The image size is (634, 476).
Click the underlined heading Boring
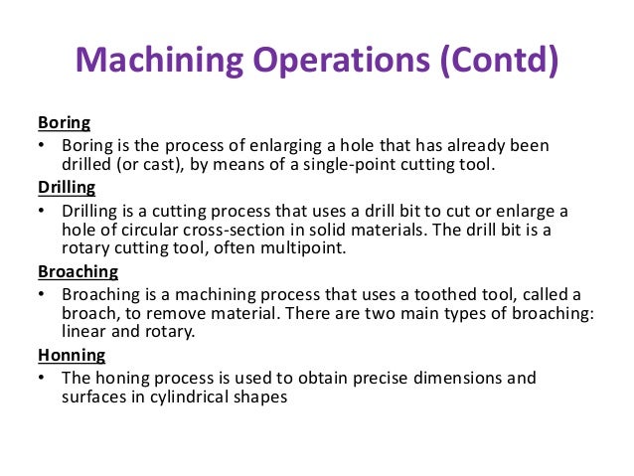point(64,123)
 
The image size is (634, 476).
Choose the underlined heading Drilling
point(67,186)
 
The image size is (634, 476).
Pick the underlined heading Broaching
point(77,270)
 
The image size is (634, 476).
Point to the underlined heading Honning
point(72,354)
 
